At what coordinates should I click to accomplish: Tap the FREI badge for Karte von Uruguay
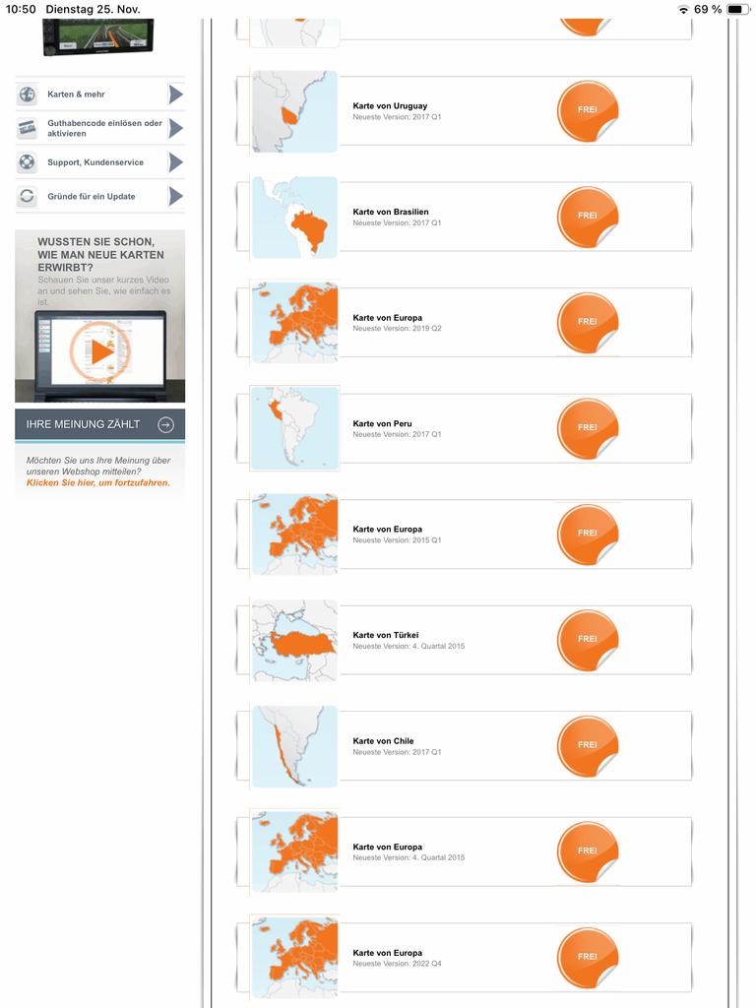click(588, 110)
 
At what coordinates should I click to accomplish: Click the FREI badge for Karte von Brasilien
click(588, 217)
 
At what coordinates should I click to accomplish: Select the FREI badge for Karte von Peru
click(588, 428)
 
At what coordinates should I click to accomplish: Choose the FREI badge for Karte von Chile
click(588, 746)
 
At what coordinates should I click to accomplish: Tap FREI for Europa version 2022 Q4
click(588, 957)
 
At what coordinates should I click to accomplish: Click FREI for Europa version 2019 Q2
click(588, 322)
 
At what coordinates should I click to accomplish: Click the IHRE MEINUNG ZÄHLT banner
click(99, 425)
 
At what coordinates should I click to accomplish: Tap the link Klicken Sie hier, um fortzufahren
click(98, 482)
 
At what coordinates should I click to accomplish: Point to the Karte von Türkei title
click(386, 635)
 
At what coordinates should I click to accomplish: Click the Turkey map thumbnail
click(294, 640)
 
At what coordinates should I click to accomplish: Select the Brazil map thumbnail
click(294, 218)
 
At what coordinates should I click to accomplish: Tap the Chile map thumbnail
click(294, 746)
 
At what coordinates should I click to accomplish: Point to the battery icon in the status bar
click(736, 9)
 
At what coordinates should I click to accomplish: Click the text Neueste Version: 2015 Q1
click(397, 540)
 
